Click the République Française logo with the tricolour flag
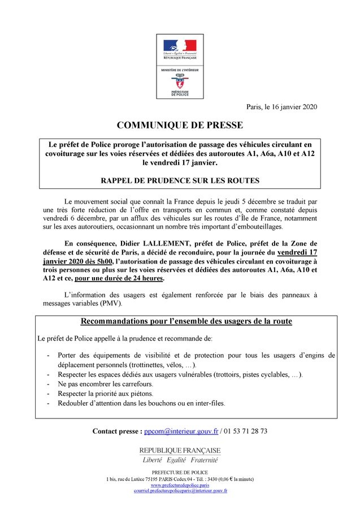(x=180, y=49)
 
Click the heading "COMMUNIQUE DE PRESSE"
(x=180, y=125)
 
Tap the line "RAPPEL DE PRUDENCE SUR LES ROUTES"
(x=180, y=181)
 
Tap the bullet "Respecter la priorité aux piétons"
(x=105, y=393)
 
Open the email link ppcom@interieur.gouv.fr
(x=181, y=431)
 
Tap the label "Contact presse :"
(x=117, y=431)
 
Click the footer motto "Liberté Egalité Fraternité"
(x=180, y=460)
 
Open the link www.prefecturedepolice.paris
(x=180, y=485)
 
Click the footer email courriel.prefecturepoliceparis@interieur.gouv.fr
(x=180, y=491)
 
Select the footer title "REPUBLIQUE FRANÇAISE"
(x=180, y=450)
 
